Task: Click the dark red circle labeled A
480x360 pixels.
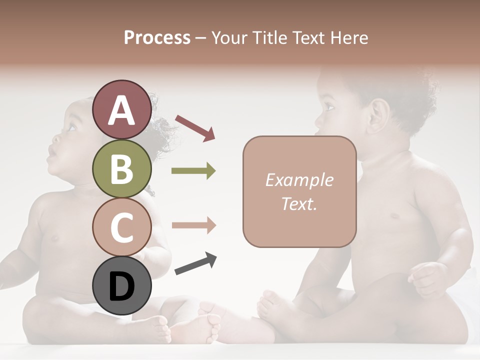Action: [x=121, y=110]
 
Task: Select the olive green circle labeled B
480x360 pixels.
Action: [x=121, y=169]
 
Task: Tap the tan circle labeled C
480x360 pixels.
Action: [x=121, y=227]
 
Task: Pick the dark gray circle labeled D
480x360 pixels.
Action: [x=121, y=286]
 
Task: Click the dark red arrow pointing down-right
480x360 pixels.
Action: [x=195, y=127]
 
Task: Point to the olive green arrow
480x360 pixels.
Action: [x=193, y=171]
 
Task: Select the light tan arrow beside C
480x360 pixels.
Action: [x=193, y=225]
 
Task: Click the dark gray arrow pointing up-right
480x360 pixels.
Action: [x=195, y=264]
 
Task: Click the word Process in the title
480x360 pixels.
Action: [x=157, y=37]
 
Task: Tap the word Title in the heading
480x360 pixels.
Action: [x=269, y=37]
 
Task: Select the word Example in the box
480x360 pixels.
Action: [x=299, y=180]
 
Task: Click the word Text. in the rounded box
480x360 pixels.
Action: [x=299, y=203]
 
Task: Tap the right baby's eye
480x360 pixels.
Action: [x=329, y=105]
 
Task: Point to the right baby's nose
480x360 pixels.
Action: [x=317, y=120]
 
